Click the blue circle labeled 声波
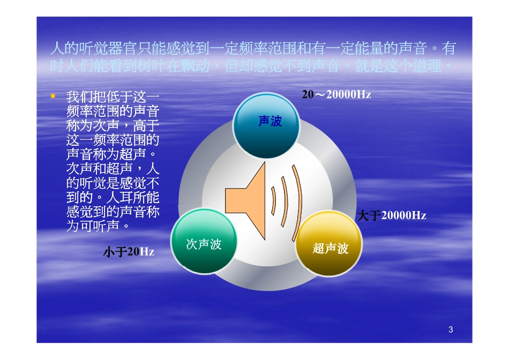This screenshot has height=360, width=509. pos(267,125)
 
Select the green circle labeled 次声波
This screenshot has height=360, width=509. pos(204,242)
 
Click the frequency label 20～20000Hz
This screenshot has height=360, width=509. pos(336,95)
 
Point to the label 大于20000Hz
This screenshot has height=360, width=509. pos(391,216)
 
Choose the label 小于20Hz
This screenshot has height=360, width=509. pos(129,252)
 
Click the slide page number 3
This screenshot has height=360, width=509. pos(451,330)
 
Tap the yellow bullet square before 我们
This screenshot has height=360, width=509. pos(53,96)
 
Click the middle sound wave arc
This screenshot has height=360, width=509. pos(285,201)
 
